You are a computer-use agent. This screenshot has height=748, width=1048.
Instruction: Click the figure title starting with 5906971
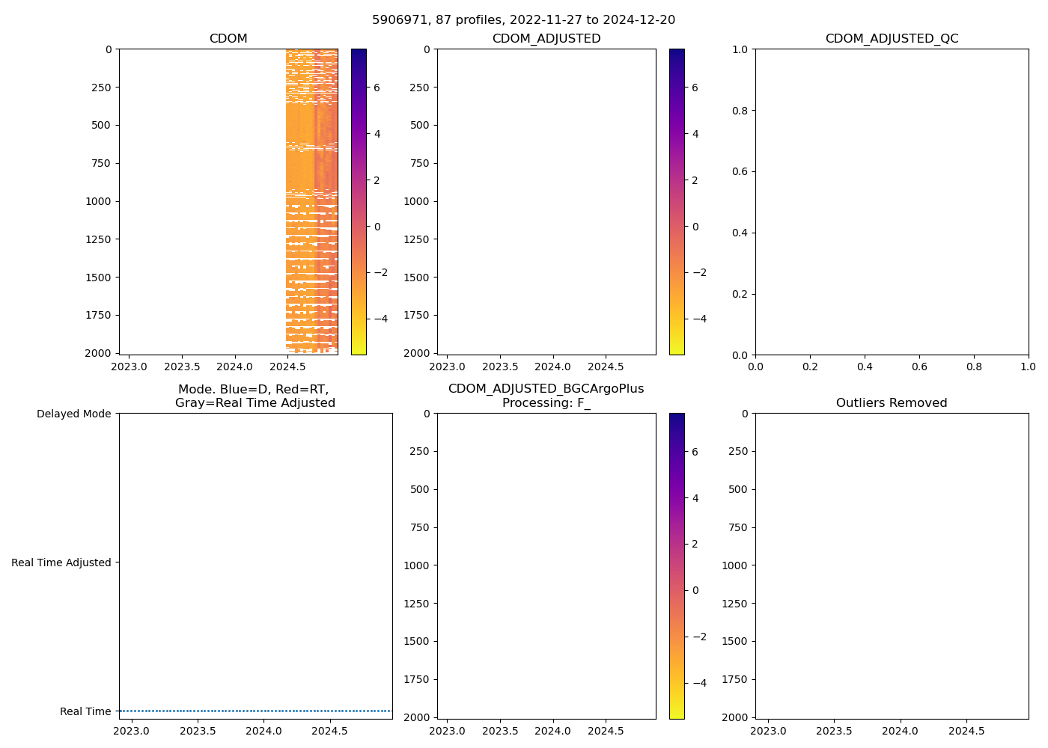[x=523, y=19]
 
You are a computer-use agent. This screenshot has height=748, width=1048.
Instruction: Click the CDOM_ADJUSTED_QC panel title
[x=892, y=39]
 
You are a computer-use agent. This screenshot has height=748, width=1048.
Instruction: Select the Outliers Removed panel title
[x=892, y=403]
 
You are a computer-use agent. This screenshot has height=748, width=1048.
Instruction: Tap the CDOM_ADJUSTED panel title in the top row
[x=546, y=39]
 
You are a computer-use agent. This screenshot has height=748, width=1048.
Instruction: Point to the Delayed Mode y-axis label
[x=73, y=414]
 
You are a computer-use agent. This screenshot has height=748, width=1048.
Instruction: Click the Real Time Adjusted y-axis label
[x=61, y=562]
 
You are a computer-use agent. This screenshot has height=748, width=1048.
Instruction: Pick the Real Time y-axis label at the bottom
[x=85, y=711]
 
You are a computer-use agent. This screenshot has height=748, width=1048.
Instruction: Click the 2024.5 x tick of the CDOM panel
[x=288, y=367]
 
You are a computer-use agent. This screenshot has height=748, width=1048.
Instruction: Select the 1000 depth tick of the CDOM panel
[x=98, y=201]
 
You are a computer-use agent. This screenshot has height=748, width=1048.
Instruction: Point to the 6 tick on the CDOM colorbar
[x=377, y=88]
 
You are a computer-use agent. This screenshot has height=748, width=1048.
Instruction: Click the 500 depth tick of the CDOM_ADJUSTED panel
[x=419, y=125]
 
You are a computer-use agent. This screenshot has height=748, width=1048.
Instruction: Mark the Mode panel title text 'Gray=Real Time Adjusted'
[x=255, y=403]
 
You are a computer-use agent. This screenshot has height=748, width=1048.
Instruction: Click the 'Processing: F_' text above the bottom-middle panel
[x=546, y=403]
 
